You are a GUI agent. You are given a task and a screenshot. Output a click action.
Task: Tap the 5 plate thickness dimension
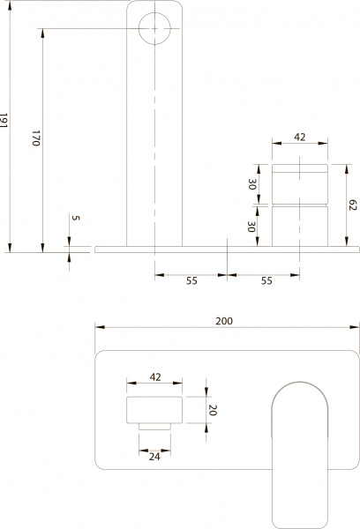click(x=75, y=220)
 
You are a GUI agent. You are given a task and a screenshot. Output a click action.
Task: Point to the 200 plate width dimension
click(x=224, y=322)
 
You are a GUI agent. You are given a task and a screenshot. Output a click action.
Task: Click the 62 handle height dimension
click(x=351, y=205)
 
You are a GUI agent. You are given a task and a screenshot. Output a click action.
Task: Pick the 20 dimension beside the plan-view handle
click(x=212, y=410)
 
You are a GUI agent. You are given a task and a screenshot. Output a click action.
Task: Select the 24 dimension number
click(x=154, y=456)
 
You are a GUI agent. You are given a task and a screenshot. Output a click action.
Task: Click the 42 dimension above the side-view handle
click(x=299, y=138)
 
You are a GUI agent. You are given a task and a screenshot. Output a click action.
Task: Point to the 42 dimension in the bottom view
click(x=154, y=377)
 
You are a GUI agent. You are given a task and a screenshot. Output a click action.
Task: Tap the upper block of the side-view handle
click(x=299, y=183)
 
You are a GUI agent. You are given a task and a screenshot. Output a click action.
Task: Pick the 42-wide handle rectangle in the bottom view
click(x=154, y=411)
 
